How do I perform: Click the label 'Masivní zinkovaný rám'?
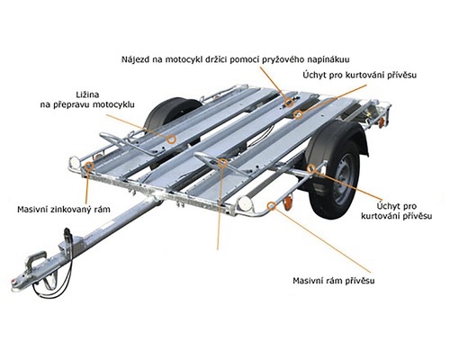[64, 209]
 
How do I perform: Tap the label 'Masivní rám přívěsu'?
[334, 281]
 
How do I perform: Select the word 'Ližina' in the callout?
[87, 94]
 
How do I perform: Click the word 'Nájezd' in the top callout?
[135, 59]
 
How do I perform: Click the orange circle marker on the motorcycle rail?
[171, 139]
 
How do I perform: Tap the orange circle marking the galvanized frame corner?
[89, 166]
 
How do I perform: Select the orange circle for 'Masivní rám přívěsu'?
[272, 206]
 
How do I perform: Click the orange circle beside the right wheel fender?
[311, 168]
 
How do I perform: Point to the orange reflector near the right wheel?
[288, 202]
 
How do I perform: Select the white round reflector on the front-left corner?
[74, 163]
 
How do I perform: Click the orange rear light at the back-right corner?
[382, 123]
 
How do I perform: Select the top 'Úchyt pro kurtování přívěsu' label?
[360, 75]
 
